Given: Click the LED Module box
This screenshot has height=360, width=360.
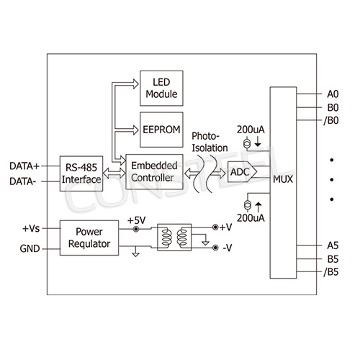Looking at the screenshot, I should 161,88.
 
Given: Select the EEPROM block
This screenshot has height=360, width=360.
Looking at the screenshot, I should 161,129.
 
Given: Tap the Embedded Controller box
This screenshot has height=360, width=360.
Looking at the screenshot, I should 153,172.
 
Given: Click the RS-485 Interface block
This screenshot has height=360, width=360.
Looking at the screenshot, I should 81,172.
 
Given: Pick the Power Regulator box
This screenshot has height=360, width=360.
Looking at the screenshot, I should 89,238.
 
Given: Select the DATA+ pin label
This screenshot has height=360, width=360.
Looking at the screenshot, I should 24,165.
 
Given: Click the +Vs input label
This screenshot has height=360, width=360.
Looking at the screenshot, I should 31,229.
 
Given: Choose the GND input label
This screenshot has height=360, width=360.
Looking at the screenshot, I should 30,249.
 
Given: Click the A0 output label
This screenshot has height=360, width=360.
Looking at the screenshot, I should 333,94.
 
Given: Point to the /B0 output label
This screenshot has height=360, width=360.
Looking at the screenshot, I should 332,120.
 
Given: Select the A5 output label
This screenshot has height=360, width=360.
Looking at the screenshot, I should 333,246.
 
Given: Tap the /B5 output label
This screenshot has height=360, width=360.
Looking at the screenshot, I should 332,271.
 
